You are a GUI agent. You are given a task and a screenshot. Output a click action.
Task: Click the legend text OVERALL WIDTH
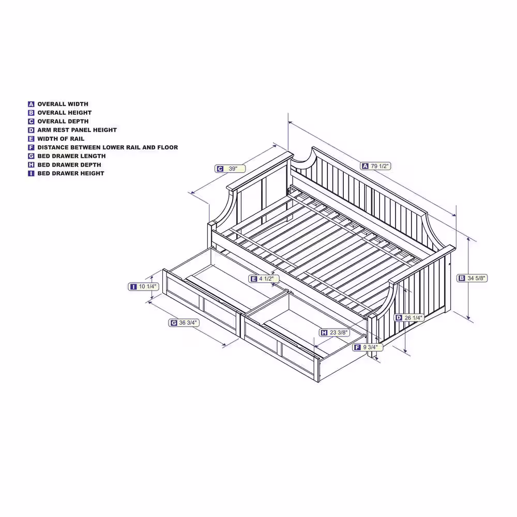coord(63,104)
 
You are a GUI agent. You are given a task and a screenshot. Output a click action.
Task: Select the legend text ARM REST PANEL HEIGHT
coord(77,130)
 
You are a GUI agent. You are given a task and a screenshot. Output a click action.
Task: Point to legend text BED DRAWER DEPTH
coord(69,165)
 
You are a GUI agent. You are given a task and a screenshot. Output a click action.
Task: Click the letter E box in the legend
coord(31,139)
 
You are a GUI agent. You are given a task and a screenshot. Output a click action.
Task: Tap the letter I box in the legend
coord(31,174)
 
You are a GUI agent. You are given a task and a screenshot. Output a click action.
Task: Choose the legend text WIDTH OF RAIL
coord(60,139)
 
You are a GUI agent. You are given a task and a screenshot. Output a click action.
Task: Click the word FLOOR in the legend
coord(168,147)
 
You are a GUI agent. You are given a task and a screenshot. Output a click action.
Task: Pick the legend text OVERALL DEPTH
coord(63,121)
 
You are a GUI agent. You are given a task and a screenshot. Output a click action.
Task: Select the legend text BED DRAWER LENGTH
coord(71,156)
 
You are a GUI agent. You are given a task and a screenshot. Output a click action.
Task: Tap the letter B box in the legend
coord(31,113)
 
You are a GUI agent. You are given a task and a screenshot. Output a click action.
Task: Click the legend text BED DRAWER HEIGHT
coord(71,174)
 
